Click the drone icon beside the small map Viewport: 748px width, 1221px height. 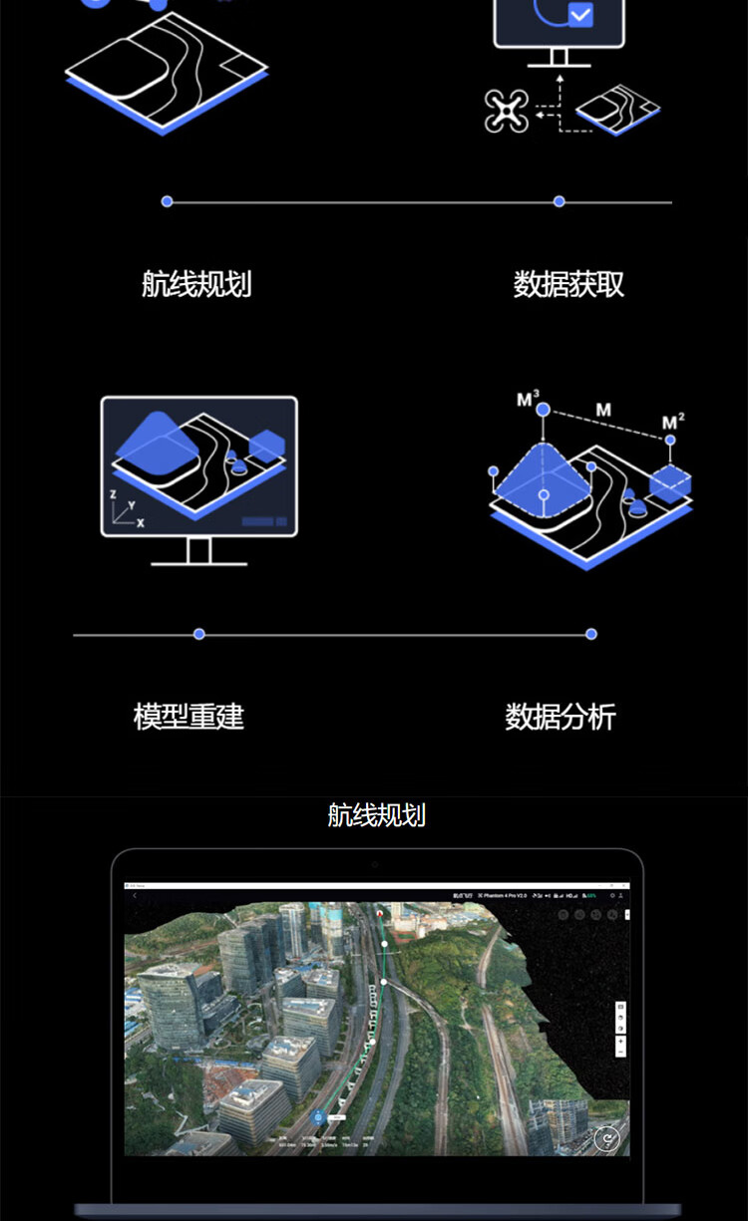pos(506,111)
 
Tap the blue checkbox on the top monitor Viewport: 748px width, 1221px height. pos(579,15)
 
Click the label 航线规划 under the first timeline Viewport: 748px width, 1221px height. pos(196,284)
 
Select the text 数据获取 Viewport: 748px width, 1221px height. pos(568,284)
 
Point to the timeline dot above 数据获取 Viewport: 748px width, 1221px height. pos(560,201)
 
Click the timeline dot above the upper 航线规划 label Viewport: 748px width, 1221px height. pos(167,201)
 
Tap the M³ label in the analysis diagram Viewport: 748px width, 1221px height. pos(528,400)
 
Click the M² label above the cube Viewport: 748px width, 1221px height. pos(674,423)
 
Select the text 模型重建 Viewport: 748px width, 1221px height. pos(188,717)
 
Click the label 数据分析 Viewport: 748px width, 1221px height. pos(561,717)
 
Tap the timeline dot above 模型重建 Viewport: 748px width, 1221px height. pos(199,634)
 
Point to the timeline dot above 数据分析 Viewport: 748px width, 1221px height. pos(591,634)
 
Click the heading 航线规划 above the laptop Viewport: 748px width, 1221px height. pos(376,815)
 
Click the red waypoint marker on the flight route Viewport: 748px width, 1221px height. pos(380,912)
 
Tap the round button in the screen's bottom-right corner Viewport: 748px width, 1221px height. pos(605,1138)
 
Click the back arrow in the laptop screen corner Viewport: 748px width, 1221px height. pos(135,896)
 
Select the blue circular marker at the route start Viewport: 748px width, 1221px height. pos(318,1117)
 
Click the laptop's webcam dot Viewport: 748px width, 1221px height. pos(375,864)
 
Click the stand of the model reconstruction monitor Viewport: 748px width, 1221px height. pos(198,551)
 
